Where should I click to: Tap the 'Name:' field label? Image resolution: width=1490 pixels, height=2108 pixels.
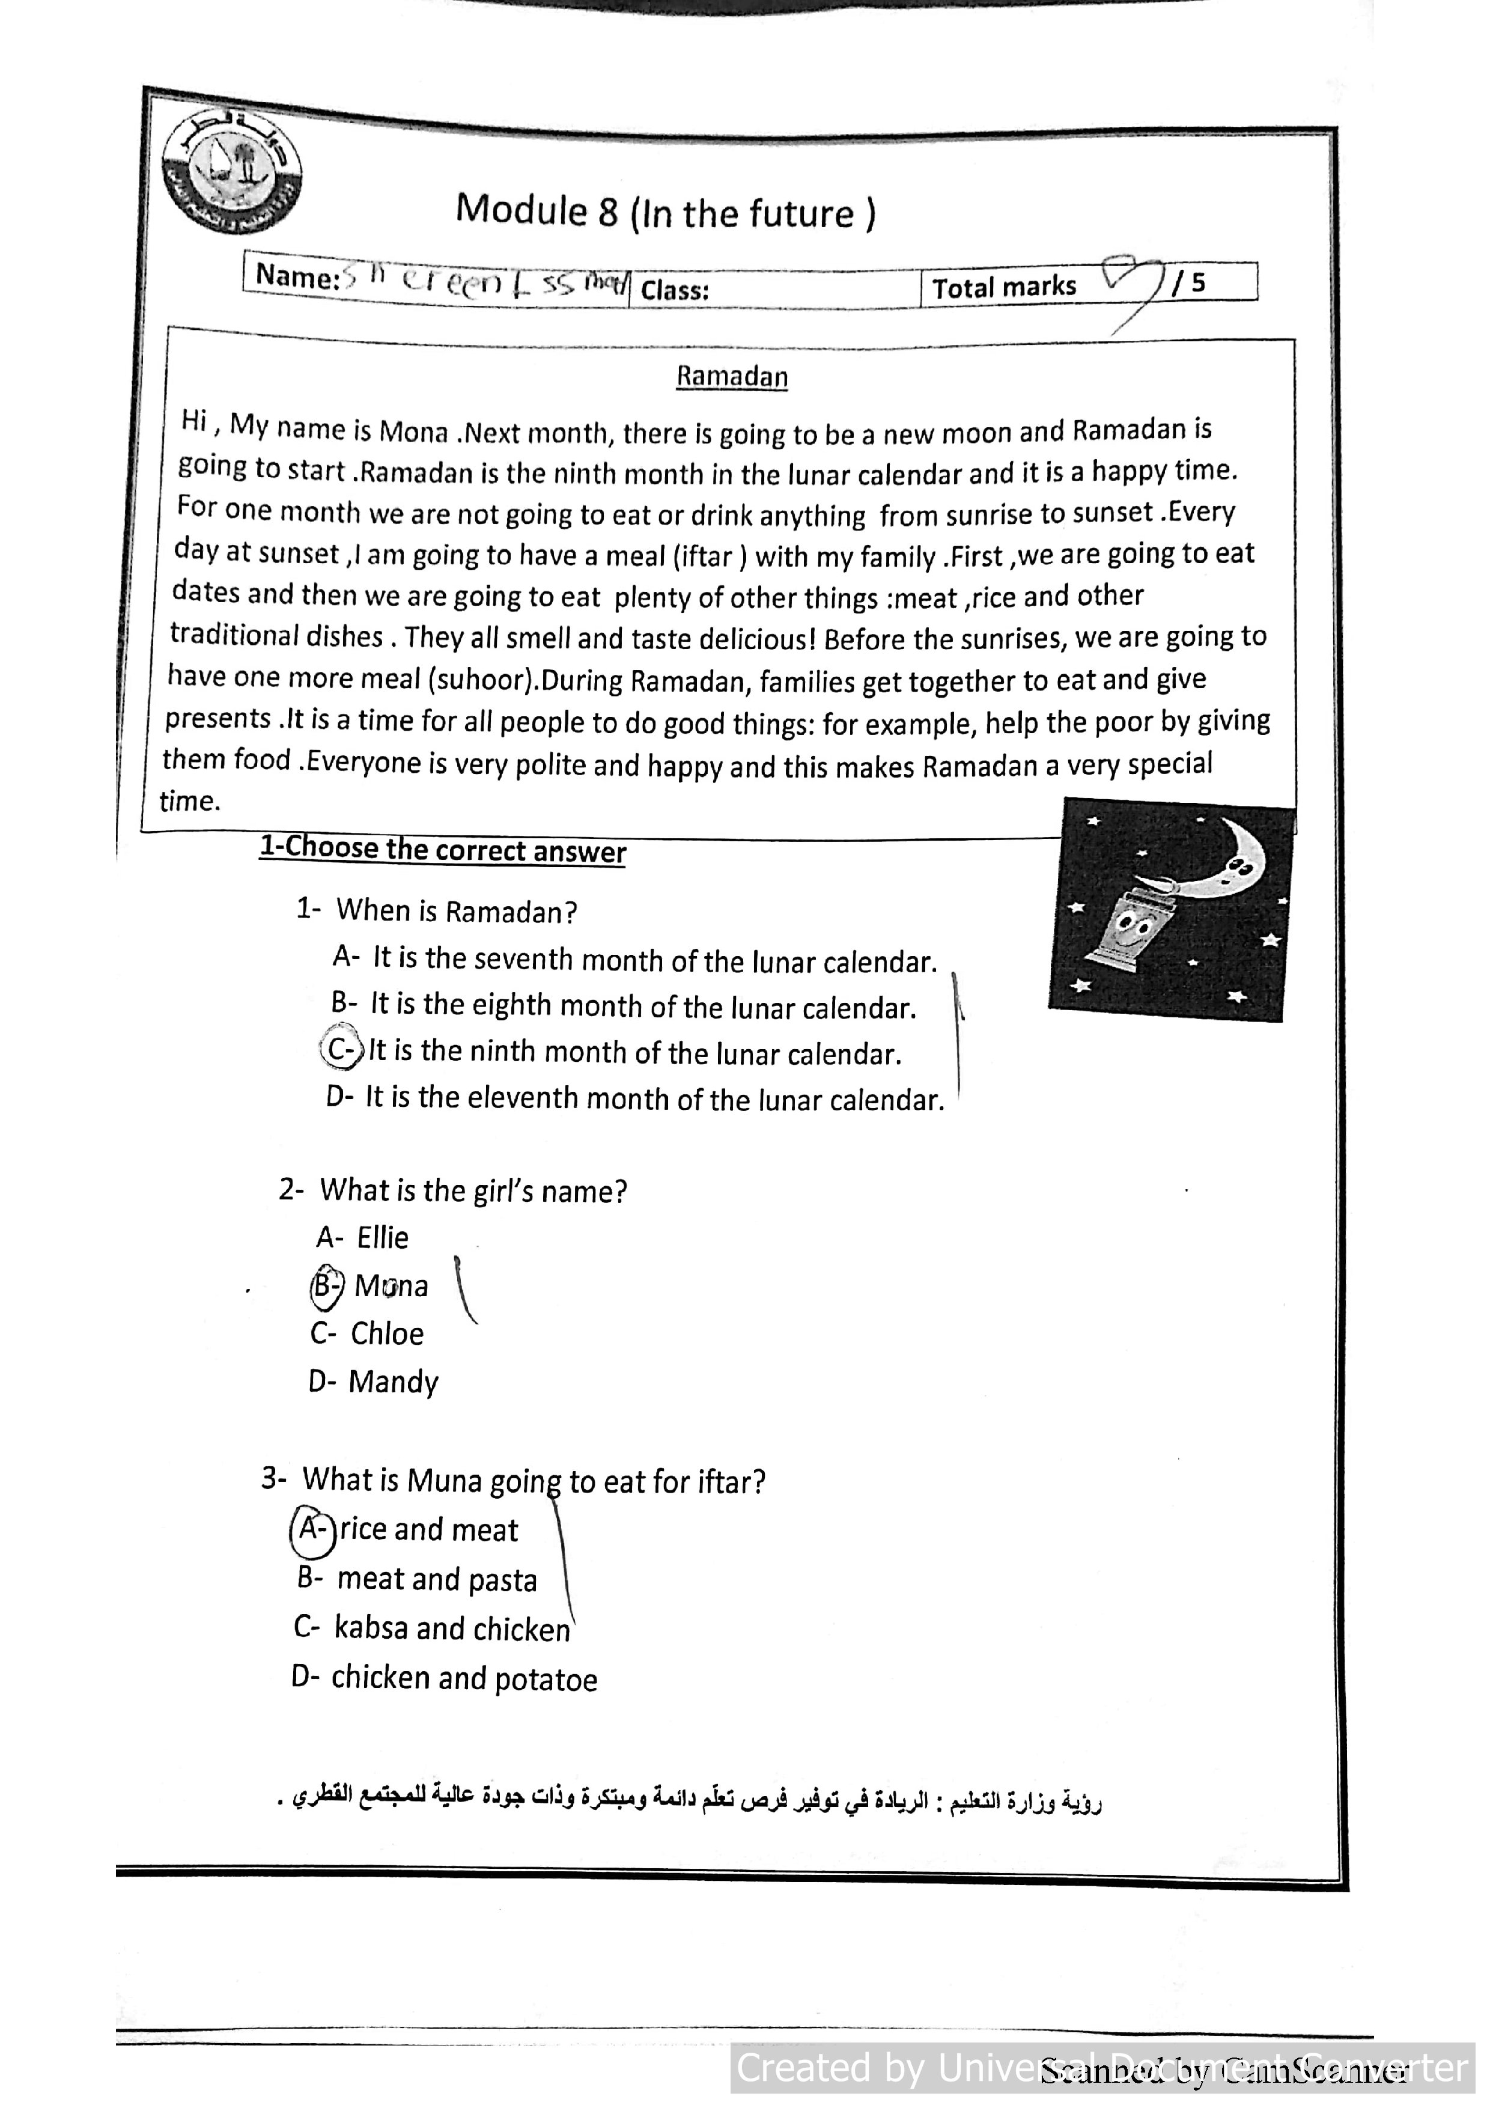(x=297, y=276)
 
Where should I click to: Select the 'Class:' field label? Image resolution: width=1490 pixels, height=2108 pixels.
(x=675, y=290)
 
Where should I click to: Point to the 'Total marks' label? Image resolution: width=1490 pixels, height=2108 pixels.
(x=1005, y=287)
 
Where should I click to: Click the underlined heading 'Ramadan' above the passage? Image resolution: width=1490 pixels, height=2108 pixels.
(x=732, y=376)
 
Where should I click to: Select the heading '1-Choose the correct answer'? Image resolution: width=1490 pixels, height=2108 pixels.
(x=443, y=849)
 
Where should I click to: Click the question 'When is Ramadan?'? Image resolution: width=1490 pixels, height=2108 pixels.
(x=456, y=912)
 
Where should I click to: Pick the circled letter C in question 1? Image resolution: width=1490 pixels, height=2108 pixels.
(x=341, y=1049)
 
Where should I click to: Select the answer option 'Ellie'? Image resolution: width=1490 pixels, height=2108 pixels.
(x=382, y=1238)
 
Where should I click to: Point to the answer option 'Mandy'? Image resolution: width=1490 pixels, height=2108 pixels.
(x=393, y=1381)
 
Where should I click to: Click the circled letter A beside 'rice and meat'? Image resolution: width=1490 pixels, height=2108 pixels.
(x=312, y=1529)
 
